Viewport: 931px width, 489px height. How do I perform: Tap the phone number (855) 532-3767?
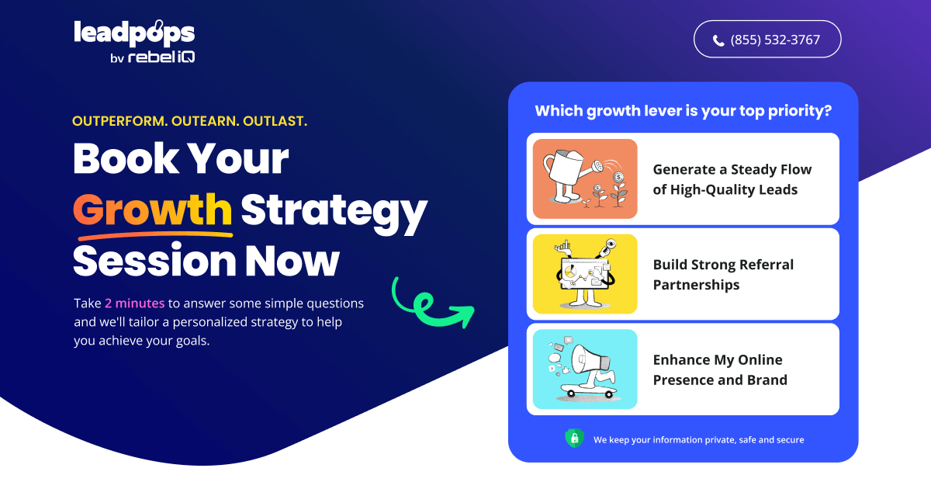(775, 40)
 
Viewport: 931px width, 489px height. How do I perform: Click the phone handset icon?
(718, 40)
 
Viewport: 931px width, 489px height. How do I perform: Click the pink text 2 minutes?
(135, 303)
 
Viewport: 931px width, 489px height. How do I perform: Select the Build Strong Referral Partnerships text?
(723, 275)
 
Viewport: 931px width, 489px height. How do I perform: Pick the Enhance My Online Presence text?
(720, 369)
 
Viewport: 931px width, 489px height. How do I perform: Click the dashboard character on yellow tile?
(585, 274)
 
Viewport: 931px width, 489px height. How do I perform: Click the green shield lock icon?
(574, 439)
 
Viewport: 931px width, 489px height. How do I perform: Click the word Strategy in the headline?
(334, 212)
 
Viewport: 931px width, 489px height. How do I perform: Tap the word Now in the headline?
(292, 261)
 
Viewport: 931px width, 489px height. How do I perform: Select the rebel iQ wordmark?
(161, 57)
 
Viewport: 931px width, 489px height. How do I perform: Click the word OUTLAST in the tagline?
(275, 121)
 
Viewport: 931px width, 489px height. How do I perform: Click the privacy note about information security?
(699, 440)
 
